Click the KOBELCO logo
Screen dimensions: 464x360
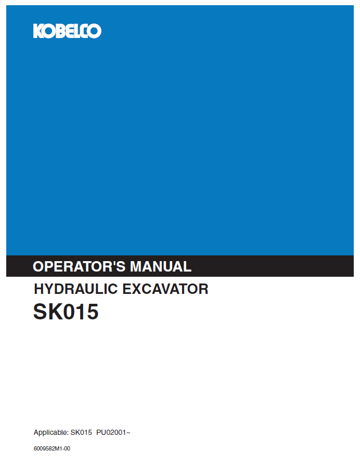[67, 31]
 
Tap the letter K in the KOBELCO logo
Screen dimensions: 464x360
[38, 31]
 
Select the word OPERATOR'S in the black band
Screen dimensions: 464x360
[79, 266]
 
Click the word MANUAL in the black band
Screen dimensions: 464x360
[160, 266]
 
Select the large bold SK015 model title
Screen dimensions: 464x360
[66, 312]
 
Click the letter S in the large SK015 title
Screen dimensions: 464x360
[40, 312]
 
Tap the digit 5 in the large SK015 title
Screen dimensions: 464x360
[92, 312]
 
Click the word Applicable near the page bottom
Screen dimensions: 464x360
[50, 433]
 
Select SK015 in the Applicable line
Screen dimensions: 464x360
[81, 433]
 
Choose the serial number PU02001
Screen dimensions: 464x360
[111, 433]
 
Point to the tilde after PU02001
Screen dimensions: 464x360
[128, 433]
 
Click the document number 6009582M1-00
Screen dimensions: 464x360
[52, 448]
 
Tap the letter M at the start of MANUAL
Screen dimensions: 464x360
[136, 266]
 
